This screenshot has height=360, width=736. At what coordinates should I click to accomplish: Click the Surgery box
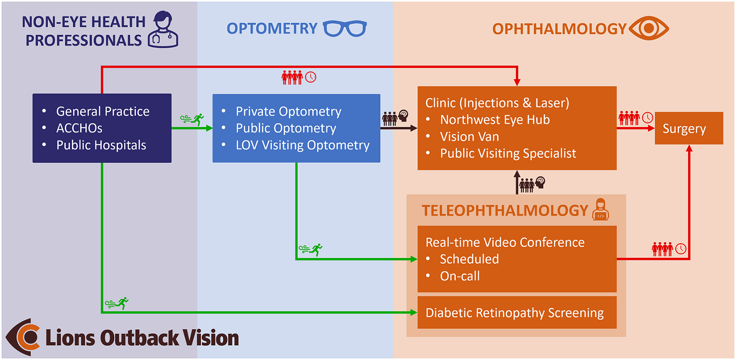[x=688, y=128]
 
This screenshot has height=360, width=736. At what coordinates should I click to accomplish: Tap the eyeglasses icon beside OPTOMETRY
[x=345, y=29]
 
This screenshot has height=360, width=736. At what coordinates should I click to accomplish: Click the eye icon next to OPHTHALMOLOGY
[x=648, y=28]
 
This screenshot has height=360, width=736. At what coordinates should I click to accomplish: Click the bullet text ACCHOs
[x=79, y=128]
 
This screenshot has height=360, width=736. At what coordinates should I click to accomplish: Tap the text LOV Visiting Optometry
[x=302, y=145]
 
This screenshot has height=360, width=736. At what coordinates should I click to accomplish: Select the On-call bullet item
[x=460, y=276]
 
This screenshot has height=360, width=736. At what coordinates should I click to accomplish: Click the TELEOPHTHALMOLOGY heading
[x=505, y=211]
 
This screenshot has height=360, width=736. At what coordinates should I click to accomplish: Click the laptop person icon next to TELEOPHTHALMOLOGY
[x=601, y=209]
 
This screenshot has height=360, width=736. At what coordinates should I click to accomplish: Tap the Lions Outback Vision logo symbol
[x=23, y=337]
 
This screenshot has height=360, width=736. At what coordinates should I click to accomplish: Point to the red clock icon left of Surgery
[x=647, y=118]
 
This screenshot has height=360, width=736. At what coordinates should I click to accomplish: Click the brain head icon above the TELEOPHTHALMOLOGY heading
[x=540, y=182]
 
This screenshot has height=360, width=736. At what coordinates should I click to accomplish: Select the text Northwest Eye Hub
[x=495, y=120]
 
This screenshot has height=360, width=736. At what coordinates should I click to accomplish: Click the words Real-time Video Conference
[x=505, y=242]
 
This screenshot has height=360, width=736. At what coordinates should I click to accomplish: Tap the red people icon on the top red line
[x=292, y=77]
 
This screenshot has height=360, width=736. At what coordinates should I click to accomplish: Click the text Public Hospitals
[x=101, y=145]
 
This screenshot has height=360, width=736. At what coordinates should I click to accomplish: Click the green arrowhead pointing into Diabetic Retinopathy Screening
[x=414, y=313]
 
